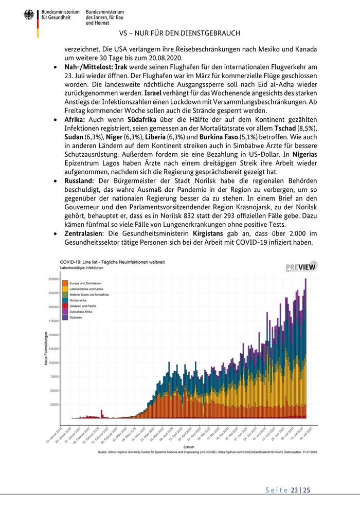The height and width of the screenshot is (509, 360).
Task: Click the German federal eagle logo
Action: point(29,15)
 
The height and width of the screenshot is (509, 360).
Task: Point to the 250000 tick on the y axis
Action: point(53,279)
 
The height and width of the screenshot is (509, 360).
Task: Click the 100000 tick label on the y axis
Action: point(53,363)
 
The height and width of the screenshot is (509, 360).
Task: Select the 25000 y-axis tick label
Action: point(55,405)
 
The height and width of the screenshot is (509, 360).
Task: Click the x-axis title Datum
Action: point(189,447)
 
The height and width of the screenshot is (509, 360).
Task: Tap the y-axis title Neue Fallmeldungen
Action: point(46,349)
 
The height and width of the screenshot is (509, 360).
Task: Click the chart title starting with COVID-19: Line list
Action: point(112,262)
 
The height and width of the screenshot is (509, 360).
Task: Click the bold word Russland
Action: point(79,181)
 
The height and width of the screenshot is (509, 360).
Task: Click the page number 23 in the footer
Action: point(295,490)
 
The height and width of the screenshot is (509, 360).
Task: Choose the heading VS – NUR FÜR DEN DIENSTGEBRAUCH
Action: point(179,33)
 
